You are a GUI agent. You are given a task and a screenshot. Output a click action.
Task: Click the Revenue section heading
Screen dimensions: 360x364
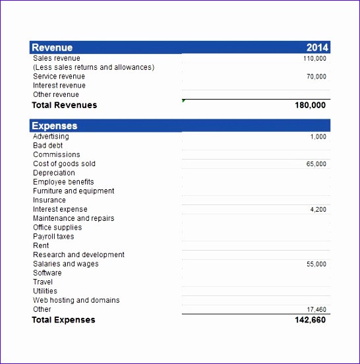coord(52,47)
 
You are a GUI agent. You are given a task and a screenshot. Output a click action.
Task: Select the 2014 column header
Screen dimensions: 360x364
coord(316,47)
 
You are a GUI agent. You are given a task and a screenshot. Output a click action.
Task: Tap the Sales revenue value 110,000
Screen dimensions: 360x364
coord(315,59)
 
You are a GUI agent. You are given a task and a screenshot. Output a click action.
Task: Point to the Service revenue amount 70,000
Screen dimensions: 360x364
coord(316,76)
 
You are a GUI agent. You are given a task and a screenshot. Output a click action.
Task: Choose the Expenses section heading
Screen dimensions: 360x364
coord(55,126)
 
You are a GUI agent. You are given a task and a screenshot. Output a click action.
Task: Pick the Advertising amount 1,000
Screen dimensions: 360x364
coord(318,137)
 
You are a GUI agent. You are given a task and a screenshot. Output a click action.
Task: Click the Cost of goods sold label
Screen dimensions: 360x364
coord(64,164)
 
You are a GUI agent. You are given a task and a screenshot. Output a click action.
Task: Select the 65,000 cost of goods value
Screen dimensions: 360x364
coord(316,164)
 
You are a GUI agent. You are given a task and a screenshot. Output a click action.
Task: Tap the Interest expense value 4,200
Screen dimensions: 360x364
coord(318,210)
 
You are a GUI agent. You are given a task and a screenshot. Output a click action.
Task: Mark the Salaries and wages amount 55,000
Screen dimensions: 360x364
coord(316,264)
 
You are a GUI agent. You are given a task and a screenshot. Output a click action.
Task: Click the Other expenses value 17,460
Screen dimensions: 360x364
coord(316,309)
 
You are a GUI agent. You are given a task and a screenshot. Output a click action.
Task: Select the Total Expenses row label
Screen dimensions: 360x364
coord(63,320)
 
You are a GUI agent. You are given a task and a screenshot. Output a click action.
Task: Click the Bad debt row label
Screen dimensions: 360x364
coord(47,146)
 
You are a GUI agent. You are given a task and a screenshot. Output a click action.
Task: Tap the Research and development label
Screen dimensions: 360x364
coord(78,255)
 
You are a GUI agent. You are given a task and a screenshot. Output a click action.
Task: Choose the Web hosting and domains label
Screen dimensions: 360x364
coord(76,300)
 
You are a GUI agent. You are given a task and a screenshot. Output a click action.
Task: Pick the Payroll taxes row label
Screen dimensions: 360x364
coord(53,236)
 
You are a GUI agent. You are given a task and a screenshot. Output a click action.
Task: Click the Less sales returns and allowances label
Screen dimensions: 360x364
coord(94,67)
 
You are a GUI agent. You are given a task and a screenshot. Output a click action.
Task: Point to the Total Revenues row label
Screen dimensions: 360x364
coord(64,105)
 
